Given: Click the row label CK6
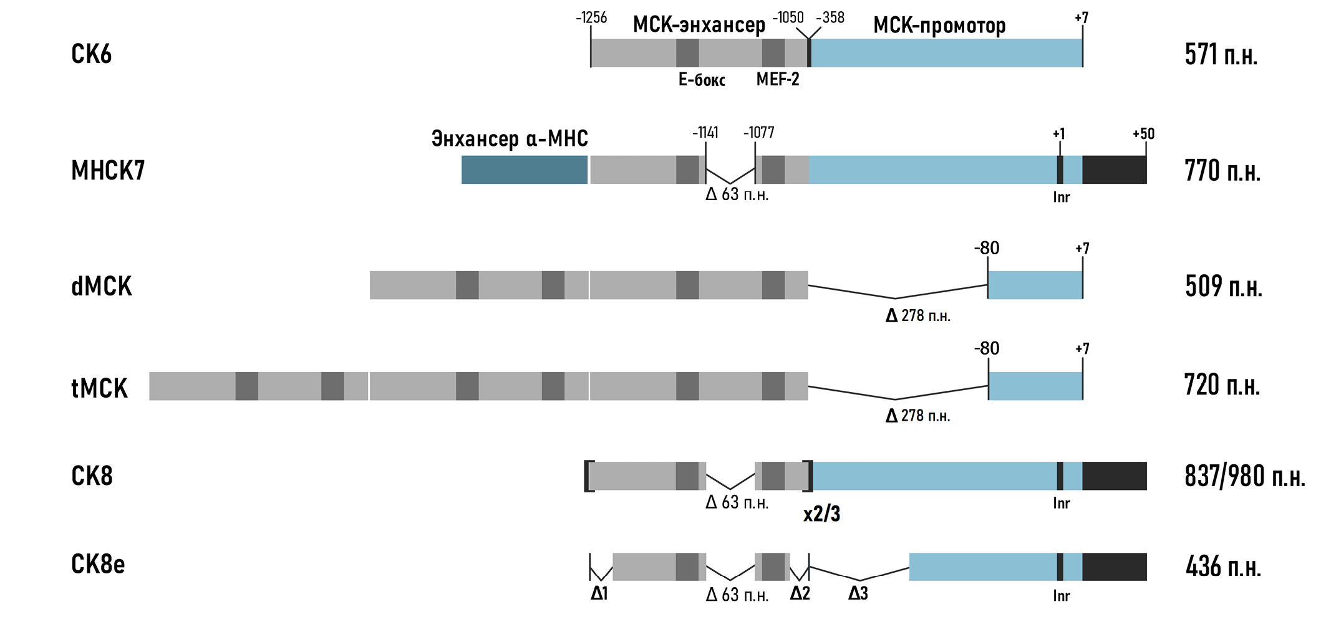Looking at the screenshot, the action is tap(92, 54).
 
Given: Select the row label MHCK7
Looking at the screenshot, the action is tap(108, 170).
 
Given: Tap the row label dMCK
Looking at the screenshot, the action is tap(102, 286).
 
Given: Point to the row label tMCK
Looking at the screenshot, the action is tap(100, 388).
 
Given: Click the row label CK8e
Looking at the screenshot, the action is tap(98, 564).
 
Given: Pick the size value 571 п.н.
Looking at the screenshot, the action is tap(1221, 54).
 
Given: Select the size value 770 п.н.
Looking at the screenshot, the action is tap(1222, 170).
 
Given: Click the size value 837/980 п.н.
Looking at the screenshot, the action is tap(1245, 476).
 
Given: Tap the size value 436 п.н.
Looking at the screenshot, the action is tap(1223, 567).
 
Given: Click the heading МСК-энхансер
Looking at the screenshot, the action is tap(699, 24).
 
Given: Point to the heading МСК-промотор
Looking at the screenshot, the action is tap(939, 25).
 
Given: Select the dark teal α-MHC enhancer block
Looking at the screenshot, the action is tap(525, 170).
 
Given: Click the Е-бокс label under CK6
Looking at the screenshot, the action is tap(702, 80).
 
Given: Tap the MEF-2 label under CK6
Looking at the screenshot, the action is tap(778, 79).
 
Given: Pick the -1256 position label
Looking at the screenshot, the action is tap(591, 17).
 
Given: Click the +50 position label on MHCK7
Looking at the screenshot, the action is tap(1144, 133).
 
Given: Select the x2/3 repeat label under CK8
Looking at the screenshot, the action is tap(821, 514).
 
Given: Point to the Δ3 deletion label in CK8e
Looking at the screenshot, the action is tap(858, 593).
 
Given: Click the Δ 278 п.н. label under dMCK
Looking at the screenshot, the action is tap(918, 315).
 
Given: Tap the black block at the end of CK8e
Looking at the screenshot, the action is tap(1115, 567).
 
